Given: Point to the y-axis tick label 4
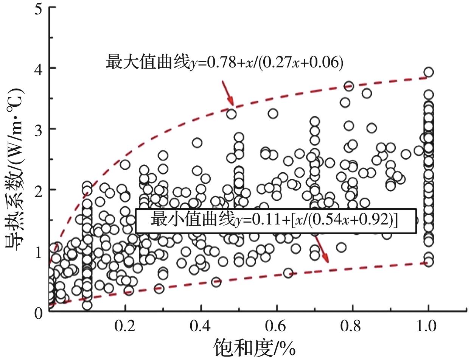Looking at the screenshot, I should pos(38,68).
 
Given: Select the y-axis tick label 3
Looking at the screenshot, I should pos(38,129).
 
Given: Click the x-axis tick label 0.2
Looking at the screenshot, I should pos(125,326).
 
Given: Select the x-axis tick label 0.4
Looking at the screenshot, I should pos(201,326).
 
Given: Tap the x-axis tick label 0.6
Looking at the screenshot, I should pos(277,326).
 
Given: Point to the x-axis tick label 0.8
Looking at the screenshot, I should pos(353,326).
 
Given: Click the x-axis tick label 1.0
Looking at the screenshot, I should pos(428,326).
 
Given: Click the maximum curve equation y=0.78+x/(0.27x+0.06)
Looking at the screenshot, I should pos(224,62).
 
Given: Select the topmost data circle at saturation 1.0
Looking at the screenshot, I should pos(428,72).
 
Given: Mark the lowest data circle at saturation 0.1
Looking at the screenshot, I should pos(87,305).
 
